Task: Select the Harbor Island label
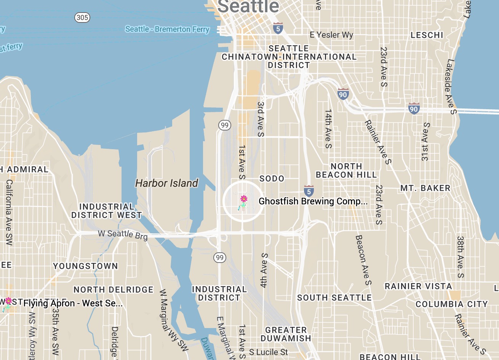tap(167, 183)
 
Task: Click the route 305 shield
tap(82, 18)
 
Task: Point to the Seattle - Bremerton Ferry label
tap(167, 29)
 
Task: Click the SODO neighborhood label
tap(272, 178)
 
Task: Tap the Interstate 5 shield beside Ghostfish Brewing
tap(309, 191)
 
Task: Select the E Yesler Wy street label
tap(331, 35)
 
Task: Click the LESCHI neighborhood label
tap(427, 35)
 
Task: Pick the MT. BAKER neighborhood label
tap(425, 188)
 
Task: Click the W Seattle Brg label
tap(123, 234)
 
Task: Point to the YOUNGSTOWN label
tap(85, 266)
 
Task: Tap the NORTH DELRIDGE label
tap(114, 290)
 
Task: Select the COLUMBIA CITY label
tap(451, 304)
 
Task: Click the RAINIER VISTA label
tap(418, 286)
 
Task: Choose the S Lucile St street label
tap(269, 352)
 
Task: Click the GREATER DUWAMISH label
tap(286, 334)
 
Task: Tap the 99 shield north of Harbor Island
tap(225, 125)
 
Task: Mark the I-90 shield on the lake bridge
tap(414, 108)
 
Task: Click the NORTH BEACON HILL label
tap(346, 170)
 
